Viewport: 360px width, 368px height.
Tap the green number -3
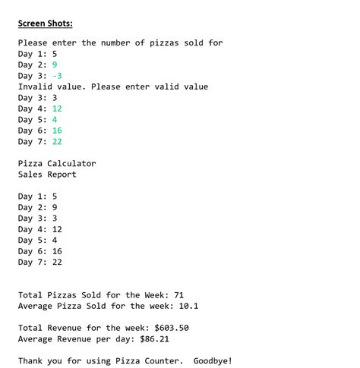57,76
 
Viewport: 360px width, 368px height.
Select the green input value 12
57,109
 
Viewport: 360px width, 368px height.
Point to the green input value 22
57,141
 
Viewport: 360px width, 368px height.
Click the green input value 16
57,131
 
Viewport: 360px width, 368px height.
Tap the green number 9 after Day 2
55,64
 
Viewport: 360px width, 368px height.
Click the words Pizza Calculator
57,163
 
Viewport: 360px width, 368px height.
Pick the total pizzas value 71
179,295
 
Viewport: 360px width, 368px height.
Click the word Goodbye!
213,360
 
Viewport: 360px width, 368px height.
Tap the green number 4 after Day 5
55,119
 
